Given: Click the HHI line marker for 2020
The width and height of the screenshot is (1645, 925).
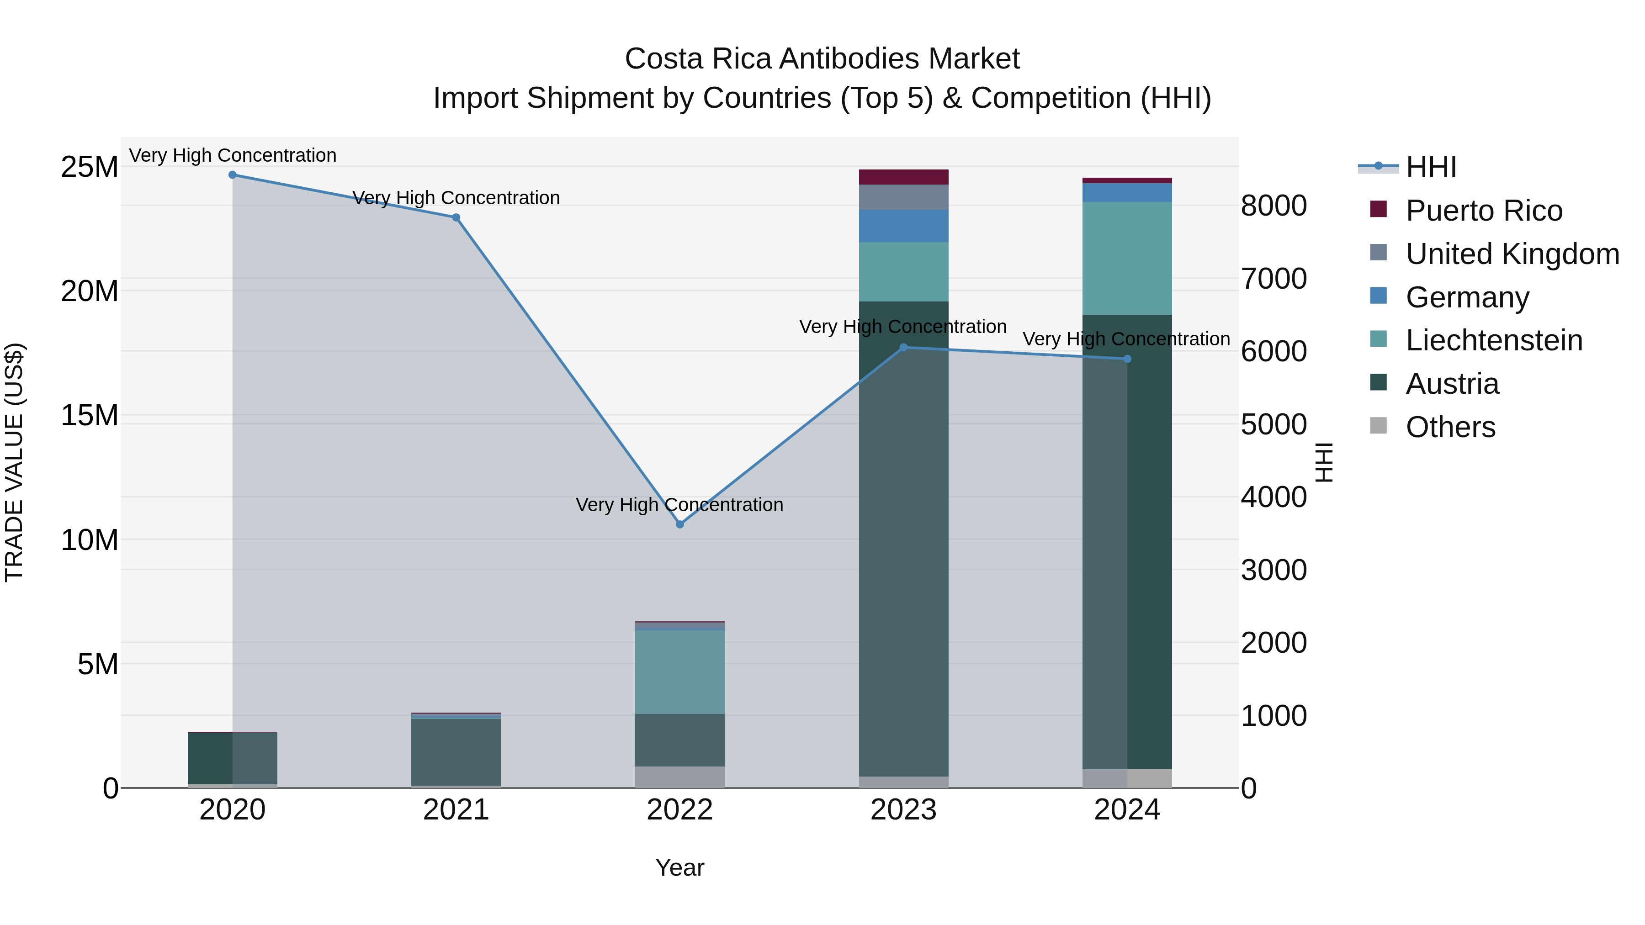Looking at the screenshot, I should (x=233, y=175).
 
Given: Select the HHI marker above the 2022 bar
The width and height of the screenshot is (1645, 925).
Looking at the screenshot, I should (x=679, y=524).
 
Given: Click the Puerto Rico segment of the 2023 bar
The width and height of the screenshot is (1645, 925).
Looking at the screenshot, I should (x=903, y=177).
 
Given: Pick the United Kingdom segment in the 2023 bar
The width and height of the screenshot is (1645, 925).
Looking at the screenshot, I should (x=903, y=197).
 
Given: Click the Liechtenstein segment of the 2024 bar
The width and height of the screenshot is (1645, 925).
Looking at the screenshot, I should (x=1127, y=259).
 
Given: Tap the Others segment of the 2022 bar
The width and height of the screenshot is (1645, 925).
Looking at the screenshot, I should (x=679, y=777).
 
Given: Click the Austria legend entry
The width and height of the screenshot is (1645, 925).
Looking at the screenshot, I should (x=1452, y=384).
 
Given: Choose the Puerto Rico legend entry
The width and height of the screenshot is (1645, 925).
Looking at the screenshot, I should (x=1483, y=211).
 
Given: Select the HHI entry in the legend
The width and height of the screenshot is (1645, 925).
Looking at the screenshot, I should (x=1430, y=167).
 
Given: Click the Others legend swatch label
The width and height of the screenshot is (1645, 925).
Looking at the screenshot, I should (x=1449, y=427).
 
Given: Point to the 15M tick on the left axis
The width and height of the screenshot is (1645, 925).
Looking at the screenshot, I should (x=90, y=416).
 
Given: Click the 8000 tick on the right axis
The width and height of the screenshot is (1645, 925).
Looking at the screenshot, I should (x=1274, y=206).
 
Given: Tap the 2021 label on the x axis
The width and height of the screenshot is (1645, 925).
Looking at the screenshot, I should (x=456, y=810).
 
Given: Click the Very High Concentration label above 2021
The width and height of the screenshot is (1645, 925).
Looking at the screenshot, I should (x=456, y=198).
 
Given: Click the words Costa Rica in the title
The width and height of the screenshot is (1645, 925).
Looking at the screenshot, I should (x=699, y=59).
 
